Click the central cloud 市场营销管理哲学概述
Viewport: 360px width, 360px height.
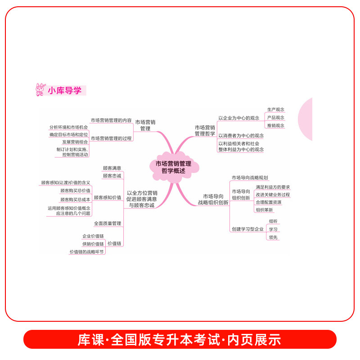pyautogui.click(x=173, y=167)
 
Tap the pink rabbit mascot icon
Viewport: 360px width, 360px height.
pyautogui.click(x=40, y=90)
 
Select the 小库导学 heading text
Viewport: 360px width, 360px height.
pyautogui.click(x=65, y=90)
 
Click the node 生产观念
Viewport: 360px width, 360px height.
pyautogui.click(x=275, y=109)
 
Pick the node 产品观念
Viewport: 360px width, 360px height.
pyautogui.click(x=275, y=117)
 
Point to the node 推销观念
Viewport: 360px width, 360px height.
pyautogui.click(x=275, y=126)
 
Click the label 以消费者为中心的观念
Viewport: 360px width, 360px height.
pyautogui.click(x=241, y=135)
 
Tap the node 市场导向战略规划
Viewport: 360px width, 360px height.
pyautogui.click(x=250, y=178)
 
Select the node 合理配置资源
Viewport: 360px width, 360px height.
pyautogui.click(x=268, y=202)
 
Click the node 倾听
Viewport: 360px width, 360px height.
pyautogui.click(x=273, y=221)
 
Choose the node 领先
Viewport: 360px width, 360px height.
pyautogui.click(x=273, y=237)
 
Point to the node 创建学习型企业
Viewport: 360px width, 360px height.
pyautogui.click(x=247, y=229)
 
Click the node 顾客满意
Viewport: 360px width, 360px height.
pyautogui.click(x=112, y=168)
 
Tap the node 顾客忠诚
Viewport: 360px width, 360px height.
pyautogui.click(x=112, y=175)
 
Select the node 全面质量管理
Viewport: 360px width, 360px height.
pyautogui.click(x=108, y=223)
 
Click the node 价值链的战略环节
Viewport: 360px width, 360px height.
pyautogui.click(x=87, y=252)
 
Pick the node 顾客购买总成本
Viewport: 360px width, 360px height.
pyautogui.click(x=75, y=199)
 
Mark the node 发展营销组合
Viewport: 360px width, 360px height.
pyautogui.click(x=75, y=142)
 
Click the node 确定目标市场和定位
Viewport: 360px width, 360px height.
pyautogui.click(x=69, y=135)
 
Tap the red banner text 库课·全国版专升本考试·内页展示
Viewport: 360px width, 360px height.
pyautogui.click(x=180, y=339)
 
